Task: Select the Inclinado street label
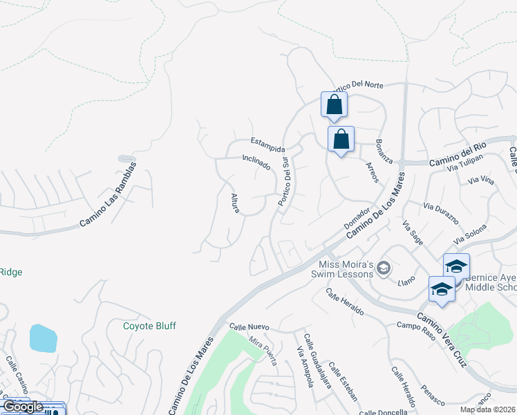256,164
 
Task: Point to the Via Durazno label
441,213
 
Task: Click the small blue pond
43,338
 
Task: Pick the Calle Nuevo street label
250,326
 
